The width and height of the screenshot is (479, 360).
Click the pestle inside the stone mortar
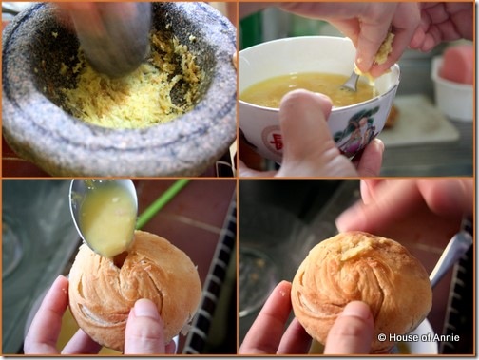(114, 35)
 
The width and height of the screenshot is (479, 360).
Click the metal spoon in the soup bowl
(351, 82)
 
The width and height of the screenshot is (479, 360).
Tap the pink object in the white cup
(456, 64)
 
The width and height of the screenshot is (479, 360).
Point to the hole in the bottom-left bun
(121, 258)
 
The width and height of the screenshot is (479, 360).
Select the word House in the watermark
(401, 337)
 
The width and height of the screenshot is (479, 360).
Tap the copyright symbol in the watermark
(382, 338)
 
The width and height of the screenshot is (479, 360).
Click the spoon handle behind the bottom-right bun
(450, 256)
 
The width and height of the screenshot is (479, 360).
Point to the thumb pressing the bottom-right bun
(349, 328)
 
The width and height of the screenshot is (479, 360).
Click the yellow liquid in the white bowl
(304, 87)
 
